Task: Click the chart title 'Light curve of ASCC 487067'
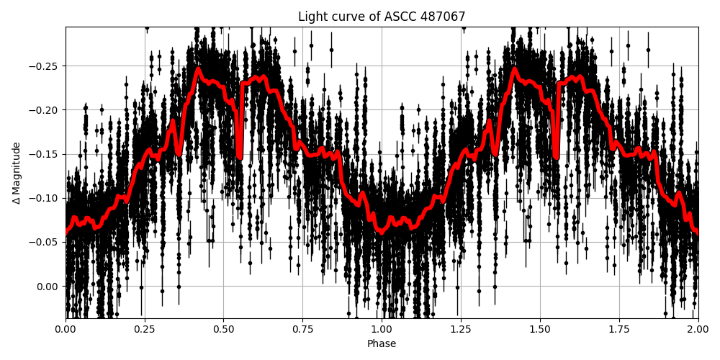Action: coord(382,17)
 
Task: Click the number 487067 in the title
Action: coord(442,17)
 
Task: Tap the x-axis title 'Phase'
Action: coord(382,344)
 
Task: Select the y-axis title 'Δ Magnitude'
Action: coord(16,173)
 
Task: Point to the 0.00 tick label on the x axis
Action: coord(66,330)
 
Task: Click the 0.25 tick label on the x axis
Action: coord(145,330)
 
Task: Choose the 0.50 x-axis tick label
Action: coord(223,330)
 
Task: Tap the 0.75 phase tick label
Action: coord(302,330)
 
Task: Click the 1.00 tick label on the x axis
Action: coord(382,330)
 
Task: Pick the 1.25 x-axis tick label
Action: coord(461,330)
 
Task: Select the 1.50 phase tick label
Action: coord(540,330)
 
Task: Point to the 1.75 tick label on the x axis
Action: coord(619,330)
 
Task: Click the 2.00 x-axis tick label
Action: coord(698,330)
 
